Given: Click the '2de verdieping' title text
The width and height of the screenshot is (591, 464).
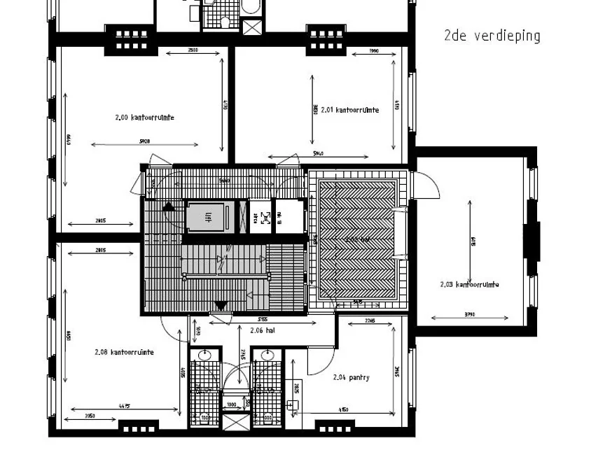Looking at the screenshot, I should click(492, 36).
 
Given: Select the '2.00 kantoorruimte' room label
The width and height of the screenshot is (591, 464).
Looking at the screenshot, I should click(144, 118).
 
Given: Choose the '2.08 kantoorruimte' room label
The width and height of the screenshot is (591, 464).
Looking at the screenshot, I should click(125, 352).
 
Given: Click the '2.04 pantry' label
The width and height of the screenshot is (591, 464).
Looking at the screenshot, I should click(352, 377).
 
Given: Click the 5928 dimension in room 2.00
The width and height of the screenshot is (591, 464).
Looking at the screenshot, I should click(145, 141).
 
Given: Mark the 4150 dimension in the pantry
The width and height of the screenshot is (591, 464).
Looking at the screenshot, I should click(344, 409).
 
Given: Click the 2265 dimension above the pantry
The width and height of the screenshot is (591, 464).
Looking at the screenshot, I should click(370, 321).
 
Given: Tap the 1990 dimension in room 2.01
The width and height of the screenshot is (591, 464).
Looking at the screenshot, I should click(373, 52).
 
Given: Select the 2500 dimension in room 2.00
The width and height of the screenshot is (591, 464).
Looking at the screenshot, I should click(193, 50).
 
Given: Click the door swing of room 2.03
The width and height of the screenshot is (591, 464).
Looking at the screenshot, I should click(427, 183).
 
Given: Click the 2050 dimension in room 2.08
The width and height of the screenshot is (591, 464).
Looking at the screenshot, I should click(90, 416).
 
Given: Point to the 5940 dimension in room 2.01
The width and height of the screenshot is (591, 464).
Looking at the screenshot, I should click(319, 153).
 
